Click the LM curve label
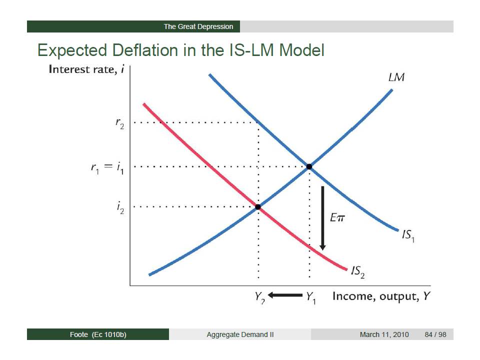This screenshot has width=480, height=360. [396, 77]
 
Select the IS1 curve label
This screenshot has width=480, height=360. [408, 235]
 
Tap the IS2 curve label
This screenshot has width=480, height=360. [358, 272]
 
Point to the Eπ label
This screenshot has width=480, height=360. [337, 217]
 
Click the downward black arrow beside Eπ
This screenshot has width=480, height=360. [322, 218]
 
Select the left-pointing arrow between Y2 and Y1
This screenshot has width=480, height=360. [285, 295]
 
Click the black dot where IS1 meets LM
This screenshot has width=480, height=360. [309, 166]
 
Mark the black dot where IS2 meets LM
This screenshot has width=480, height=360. [258, 207]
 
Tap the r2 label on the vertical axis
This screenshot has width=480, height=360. [119, 123]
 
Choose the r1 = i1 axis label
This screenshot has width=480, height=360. [107, 168]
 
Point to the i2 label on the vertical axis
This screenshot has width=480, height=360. [120, 207]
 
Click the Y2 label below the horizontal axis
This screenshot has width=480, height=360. [260, 297]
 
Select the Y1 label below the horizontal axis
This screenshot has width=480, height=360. [310, 297]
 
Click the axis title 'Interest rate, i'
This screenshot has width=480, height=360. [86, 69]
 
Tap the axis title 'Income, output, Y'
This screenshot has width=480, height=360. [381, 296]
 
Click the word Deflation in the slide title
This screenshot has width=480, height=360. [145, 50]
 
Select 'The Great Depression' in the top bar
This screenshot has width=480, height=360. [198, 26]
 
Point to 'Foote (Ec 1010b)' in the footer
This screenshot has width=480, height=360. [98, 334]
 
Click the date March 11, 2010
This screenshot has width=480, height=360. [384, 334]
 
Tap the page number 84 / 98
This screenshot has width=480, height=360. [435, 334]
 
